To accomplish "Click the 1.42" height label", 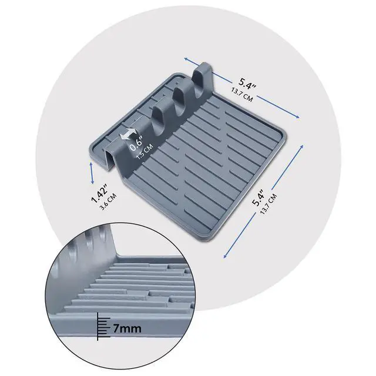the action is (x=99, y=193).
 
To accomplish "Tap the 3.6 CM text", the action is (x=108, y=202).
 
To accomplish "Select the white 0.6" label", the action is (x=136, y=143).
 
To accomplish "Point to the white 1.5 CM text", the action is (x=145, y=152).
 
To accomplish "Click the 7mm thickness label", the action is (x=127, y=328).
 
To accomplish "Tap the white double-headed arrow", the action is (x=128, y=134).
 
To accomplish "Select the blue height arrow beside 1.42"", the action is (x=92, y=173).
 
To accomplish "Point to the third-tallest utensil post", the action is (x=160, y=119).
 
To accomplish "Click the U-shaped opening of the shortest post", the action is (x=110, y=159).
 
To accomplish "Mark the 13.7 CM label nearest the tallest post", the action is (x=242, y=94).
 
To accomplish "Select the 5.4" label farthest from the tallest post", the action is (x=258, y=197).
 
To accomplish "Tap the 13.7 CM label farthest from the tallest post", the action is (x=268, y=204).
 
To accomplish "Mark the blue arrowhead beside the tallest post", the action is (x=186, y=59).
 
